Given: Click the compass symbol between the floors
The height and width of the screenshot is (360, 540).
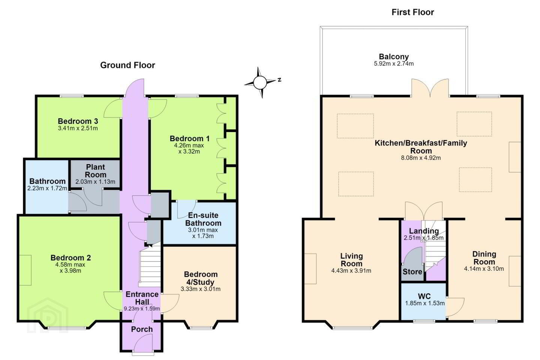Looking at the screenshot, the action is pos(260,82).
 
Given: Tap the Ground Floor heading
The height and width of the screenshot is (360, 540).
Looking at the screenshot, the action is pos(127,65).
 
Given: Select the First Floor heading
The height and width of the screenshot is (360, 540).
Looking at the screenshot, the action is pos(412,12).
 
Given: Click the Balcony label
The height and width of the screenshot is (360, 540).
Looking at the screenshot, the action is pos(394,56).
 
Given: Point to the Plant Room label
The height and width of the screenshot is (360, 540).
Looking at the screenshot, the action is pos(96,171).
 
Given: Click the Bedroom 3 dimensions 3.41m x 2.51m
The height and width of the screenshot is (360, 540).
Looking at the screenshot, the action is pos(78,128).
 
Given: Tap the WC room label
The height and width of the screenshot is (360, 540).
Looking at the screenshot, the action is pos(424,296).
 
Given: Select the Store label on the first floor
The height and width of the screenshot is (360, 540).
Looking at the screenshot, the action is pos(412,272).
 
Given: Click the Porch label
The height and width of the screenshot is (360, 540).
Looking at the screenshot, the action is pos(142,329).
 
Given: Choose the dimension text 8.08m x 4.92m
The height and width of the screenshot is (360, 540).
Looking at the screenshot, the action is pos(421,158).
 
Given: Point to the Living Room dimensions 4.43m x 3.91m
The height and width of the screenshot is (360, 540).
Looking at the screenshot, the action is pos(351,270).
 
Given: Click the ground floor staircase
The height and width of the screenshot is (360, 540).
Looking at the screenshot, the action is pos(150,265).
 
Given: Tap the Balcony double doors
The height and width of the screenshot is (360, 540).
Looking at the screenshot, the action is pos(430,88).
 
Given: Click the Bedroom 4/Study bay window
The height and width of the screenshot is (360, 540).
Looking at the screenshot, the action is pos(201,325).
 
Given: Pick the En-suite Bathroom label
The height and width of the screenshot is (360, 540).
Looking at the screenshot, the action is pos(203,219).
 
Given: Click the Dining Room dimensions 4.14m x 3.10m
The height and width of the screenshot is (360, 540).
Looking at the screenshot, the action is pos(484,268).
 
